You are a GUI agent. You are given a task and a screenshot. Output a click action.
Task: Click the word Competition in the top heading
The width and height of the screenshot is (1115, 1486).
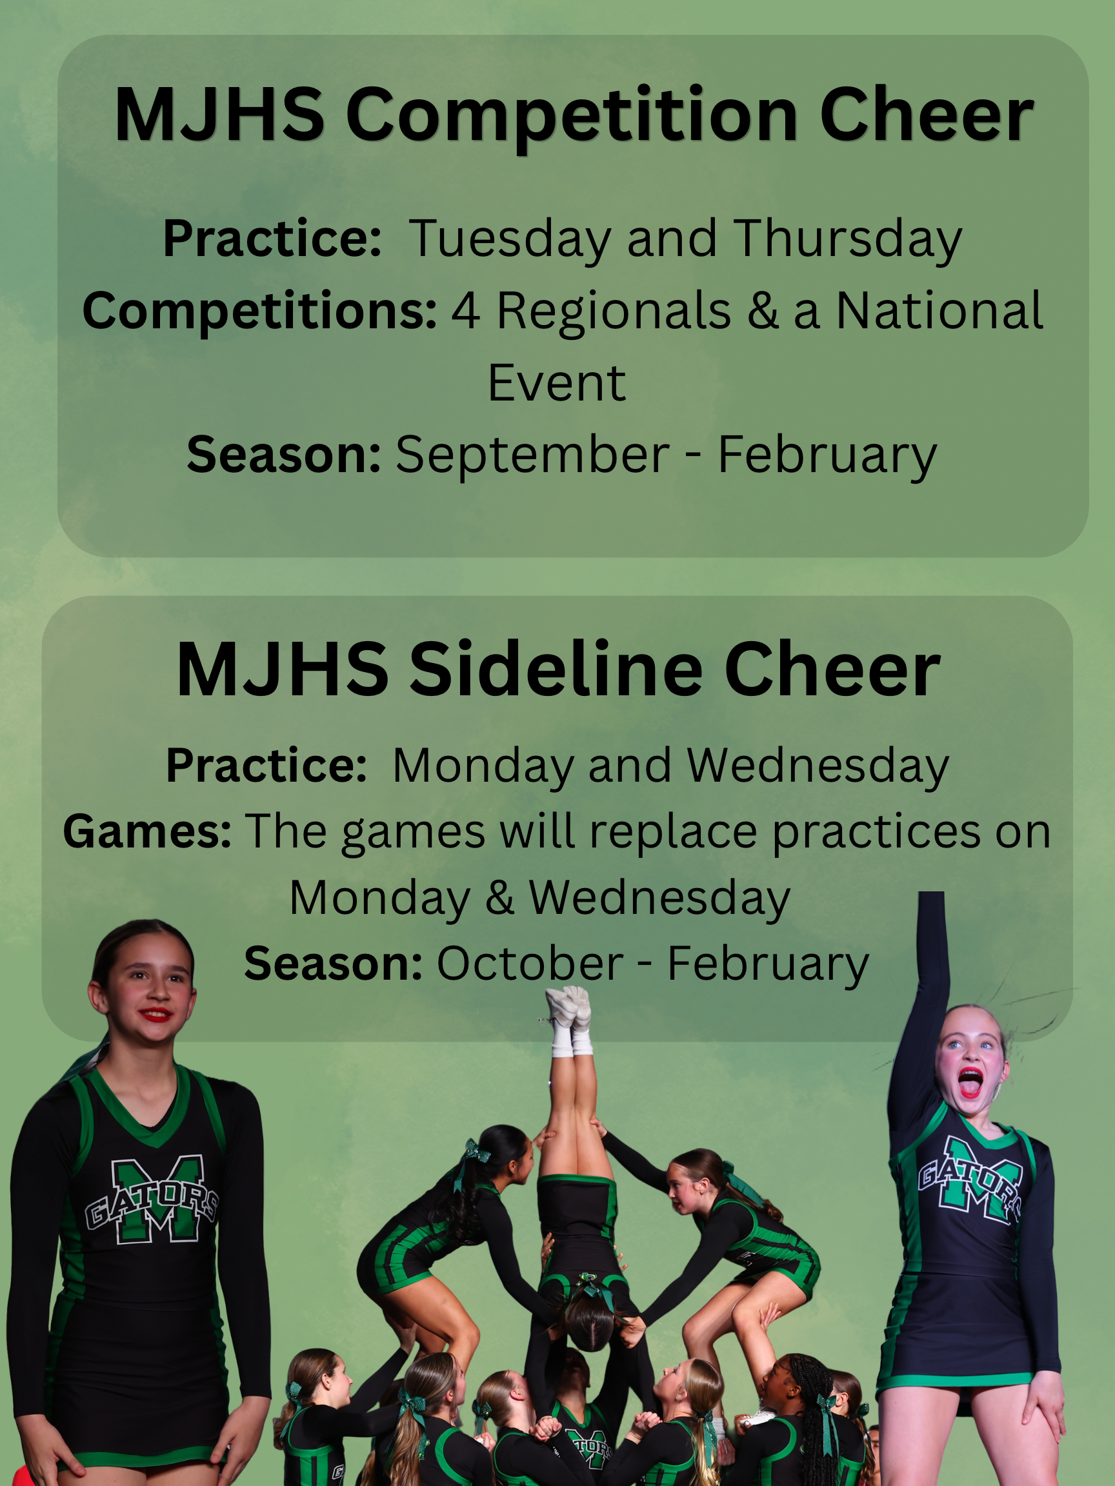click(572, 115)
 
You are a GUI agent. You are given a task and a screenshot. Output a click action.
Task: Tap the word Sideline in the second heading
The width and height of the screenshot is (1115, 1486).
click(557, 669)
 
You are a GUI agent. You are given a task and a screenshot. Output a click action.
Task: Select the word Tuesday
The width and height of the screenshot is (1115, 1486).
click(510, 240)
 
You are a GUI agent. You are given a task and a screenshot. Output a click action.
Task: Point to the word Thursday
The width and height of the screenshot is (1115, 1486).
click(848, 240)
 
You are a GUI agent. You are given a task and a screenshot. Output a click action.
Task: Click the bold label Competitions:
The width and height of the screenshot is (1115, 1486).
click(259, 312)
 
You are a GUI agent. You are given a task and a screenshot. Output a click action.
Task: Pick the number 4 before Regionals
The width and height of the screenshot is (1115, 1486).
click(466, 311)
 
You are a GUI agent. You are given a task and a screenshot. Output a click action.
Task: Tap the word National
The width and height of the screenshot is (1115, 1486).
click(939, 310)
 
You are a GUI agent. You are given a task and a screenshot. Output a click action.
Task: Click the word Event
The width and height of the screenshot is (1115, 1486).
click(557, 383)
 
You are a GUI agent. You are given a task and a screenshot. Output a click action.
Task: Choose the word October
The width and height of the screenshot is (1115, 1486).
click(530, 964)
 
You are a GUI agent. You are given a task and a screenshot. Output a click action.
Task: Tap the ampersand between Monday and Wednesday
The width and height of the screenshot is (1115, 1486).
click(499, 898)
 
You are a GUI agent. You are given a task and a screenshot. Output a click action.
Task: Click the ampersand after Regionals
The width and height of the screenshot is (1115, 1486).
click(762, 311)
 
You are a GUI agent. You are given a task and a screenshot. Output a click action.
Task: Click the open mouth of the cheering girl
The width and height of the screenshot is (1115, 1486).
click(970, 1081)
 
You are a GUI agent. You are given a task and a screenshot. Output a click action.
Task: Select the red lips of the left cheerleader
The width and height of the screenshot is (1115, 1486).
click(157, 1014)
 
